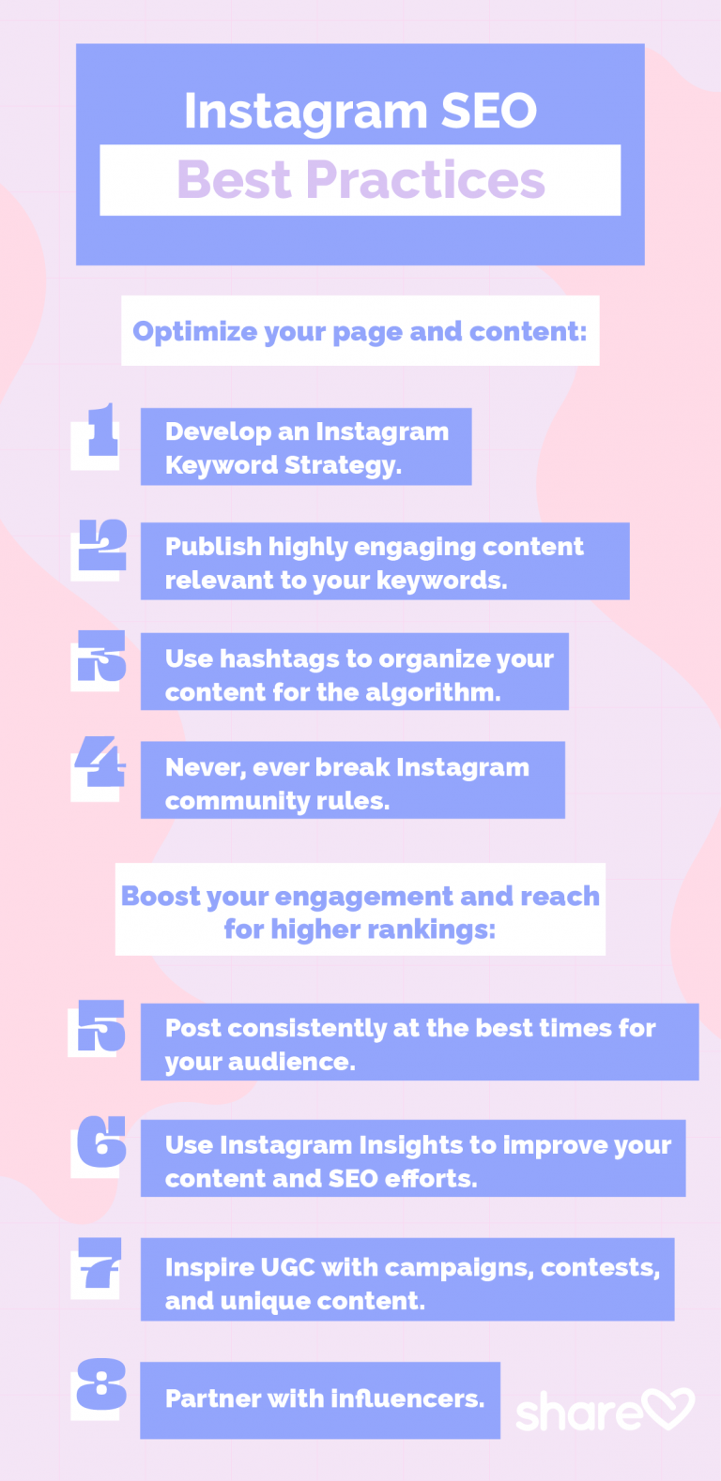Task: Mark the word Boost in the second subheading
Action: tap(161, 896)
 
